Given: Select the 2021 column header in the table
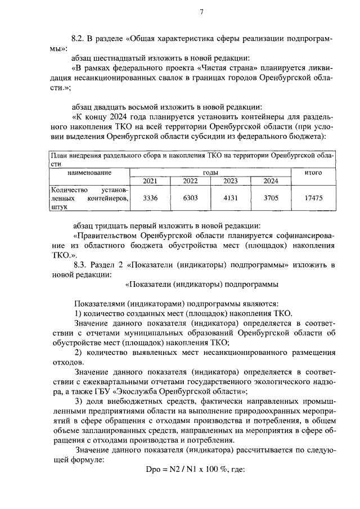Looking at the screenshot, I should pyautogui.click(x=150, y=181).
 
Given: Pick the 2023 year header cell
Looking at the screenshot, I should pyautogui.click(x=231, y=181).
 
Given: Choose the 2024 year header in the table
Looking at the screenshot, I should pyautogui.click(x=271, y=181).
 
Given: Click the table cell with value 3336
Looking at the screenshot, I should pyautogui.click(x=150, y=198).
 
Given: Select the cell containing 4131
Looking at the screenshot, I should pyautogui.click(x=231, y=198).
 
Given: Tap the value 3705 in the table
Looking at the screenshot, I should pyautogui.click(x=271, y=198).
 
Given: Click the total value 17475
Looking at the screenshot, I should pyautogui.click(x=313, y=198).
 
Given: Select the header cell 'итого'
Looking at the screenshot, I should pyautogui.click(x=313, y=173).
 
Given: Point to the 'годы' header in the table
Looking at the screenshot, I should pyautogui.click(x=210, y=173).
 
